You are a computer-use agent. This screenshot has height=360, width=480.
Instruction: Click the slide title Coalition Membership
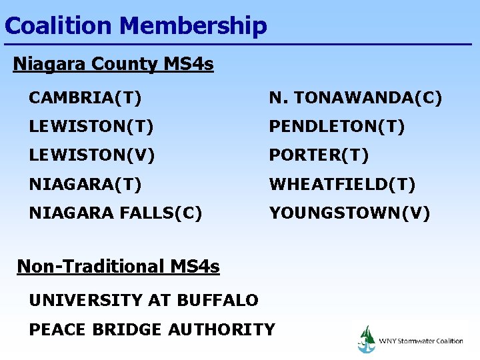pos(135,26)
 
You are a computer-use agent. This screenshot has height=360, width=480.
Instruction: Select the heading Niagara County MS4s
pos(113,64)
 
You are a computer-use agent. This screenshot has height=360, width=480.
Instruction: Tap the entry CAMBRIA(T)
pos(85,99)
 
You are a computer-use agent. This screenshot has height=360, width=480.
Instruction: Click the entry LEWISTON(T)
pos(91,127)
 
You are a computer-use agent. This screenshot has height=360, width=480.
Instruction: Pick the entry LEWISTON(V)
pos(91,155)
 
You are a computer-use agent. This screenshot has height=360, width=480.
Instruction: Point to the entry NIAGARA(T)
pos(85,184)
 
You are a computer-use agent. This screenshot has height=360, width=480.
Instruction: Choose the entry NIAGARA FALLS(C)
pos(115,213)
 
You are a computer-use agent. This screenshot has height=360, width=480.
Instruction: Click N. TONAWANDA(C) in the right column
pos(355,99)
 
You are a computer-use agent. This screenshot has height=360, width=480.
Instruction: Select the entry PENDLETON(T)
pos(337,127)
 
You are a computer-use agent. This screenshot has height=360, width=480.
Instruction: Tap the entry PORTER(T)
pos(319,155)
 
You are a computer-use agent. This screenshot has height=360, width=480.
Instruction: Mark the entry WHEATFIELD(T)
pos(342,184)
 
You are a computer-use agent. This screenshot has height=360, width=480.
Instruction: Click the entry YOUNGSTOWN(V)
pos(349,213)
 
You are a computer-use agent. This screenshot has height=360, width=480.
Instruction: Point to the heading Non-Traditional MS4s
pos(118,267)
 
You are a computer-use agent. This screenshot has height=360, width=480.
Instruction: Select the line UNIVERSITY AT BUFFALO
pos(143,301)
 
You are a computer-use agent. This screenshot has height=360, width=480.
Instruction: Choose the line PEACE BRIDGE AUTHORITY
pos(152,329)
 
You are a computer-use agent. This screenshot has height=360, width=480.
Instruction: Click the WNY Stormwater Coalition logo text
pos(421,341)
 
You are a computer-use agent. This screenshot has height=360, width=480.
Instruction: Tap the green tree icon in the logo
pos(366,334)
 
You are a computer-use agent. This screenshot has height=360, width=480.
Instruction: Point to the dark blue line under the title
pos(240,45)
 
